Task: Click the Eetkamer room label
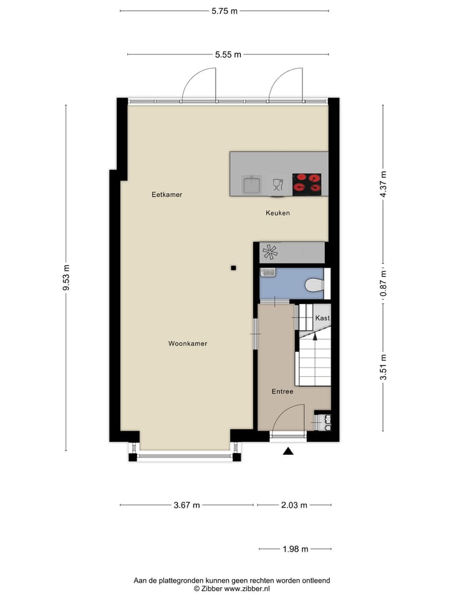[x=167, y=195]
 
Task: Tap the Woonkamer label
[x=188, y=344]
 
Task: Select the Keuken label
[x=278, y=213]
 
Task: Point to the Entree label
[x=282, y=392]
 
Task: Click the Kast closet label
[x=322, y=318]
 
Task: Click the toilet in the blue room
[x=314, y=285]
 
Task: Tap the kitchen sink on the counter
[x=252, y=184]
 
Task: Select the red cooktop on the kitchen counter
[x=307, y=183]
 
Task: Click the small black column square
[x=233, y=268]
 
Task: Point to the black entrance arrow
[x=288, y=451]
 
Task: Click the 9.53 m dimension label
[x=66, y=278]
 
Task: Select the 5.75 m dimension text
[x=224, y=11]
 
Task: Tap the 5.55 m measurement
[x=228, y=54]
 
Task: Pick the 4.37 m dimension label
[x=384, y=184]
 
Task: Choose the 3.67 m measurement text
[x=186, y=505]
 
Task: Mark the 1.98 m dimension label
[x=295, y=550]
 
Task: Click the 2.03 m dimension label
[x=295, y=505]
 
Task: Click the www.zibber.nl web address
[x=248, y=588]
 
